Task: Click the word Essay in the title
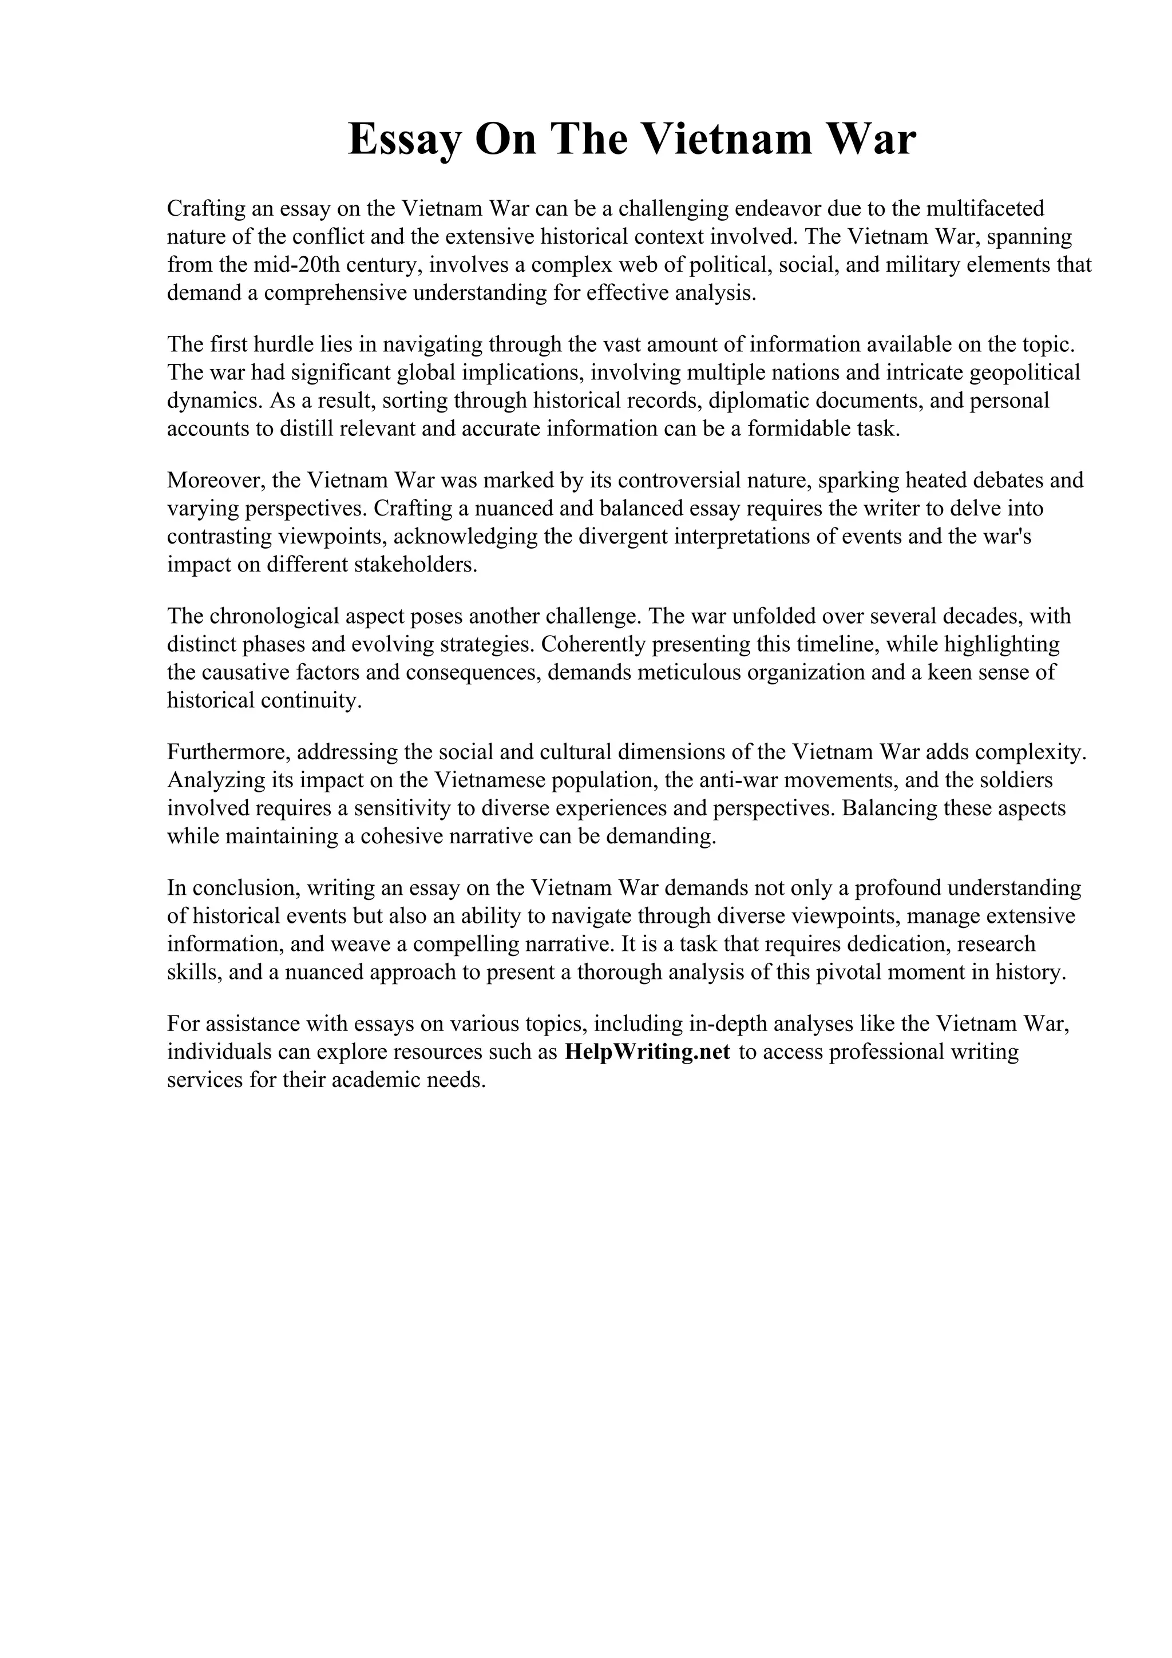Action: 403,140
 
